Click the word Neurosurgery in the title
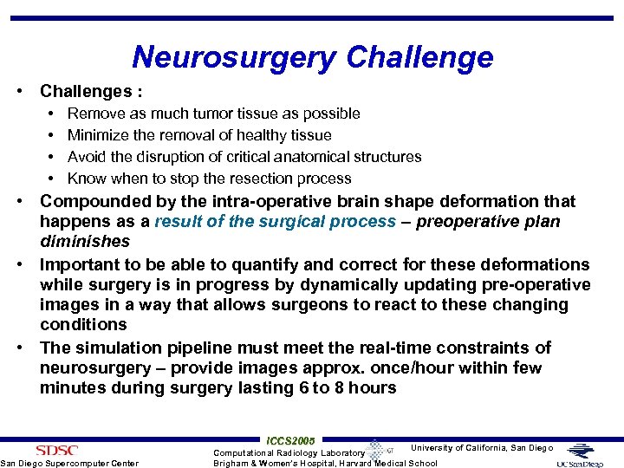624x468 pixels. tap(233, 57)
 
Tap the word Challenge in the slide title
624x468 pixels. tap(419, 57)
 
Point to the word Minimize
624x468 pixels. tap(99, 135)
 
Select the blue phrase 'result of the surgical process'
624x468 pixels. tap(275, 221)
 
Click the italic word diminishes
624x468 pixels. tap(84, 241)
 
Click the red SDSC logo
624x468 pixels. tap(56, 450)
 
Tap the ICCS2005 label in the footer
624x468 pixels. tap(290, 441)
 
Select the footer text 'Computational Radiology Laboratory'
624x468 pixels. tap(289, 452)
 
